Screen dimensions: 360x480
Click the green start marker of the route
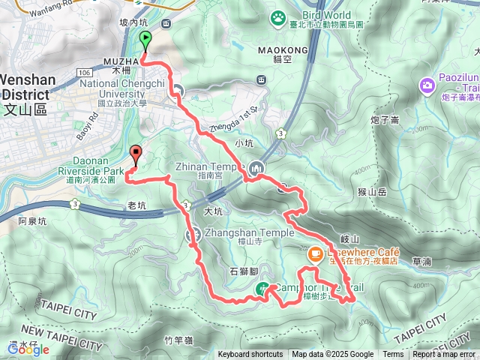[143, 41]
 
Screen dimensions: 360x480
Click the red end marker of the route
[136, 154]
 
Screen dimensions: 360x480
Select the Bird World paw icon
[279, 15]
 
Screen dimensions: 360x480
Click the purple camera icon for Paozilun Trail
[427, 85]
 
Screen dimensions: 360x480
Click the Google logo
[28, 349]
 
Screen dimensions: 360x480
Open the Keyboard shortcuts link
[250, 355]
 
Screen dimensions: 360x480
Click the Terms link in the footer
[393, 355]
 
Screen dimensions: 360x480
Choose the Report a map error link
[445, 355]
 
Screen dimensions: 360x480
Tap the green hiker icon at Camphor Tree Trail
[263, 287]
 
